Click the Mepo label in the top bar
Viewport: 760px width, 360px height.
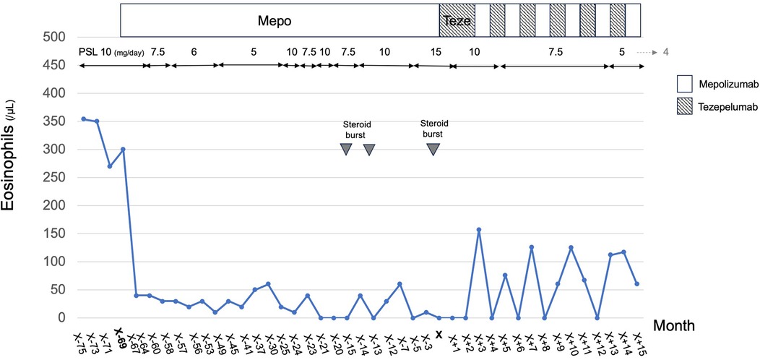click(x=275, y=22)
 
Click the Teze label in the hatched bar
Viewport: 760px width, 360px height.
click(x=457, y=22)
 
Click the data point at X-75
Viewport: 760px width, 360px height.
click(x=83, y=119)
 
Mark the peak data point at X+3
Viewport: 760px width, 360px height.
click(x=479, y=230)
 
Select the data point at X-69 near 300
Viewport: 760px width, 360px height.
click(x=124, y=150)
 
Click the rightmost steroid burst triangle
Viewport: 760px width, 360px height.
click(x=433, y=149)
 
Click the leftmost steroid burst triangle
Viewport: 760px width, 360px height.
click(x=346, y=149)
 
